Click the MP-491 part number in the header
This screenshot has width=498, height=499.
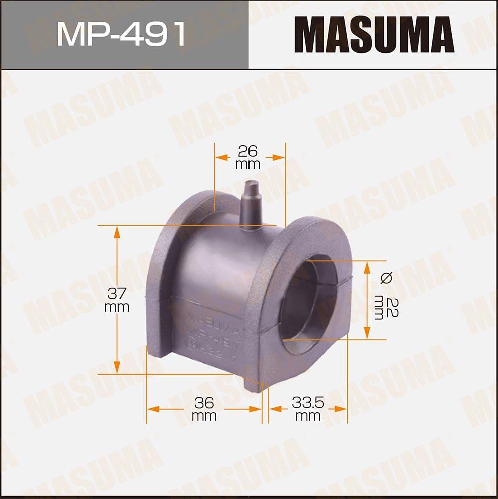121,35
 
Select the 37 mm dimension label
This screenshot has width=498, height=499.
117,300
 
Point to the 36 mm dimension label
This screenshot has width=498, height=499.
204,409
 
